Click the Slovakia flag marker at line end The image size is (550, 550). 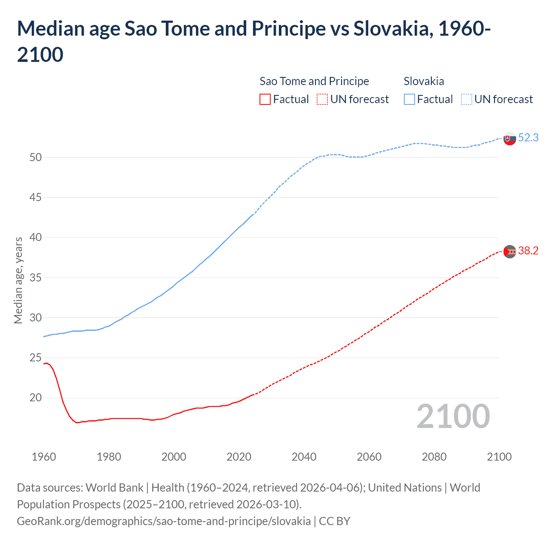(x=510, y=138)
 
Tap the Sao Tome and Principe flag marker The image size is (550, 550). (x=510, y=251)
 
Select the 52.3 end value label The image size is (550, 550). (x=528, y=137)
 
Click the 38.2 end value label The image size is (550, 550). (x=528, y=251)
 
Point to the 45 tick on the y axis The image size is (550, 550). (x=36, y=198)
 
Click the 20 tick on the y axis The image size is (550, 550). (x=36, y=398)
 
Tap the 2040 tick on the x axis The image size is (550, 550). (x=304, y=457)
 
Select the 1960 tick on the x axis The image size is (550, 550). (x=44, y=457)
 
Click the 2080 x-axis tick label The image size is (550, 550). (x=434, y=457)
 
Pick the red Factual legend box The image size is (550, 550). (x=265, y=99)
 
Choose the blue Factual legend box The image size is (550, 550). (x=409, y=99)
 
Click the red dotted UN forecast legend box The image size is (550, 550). (x=322, y=99)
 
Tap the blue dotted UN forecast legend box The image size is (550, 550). (x=466, y=99)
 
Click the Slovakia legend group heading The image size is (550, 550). (x=424, y=81)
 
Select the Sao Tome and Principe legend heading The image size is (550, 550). (x=314, y=81)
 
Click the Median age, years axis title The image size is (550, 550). (x=18, y=280)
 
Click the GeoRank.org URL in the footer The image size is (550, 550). (x=164, y=521)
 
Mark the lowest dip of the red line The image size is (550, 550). (x=77, y=423)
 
